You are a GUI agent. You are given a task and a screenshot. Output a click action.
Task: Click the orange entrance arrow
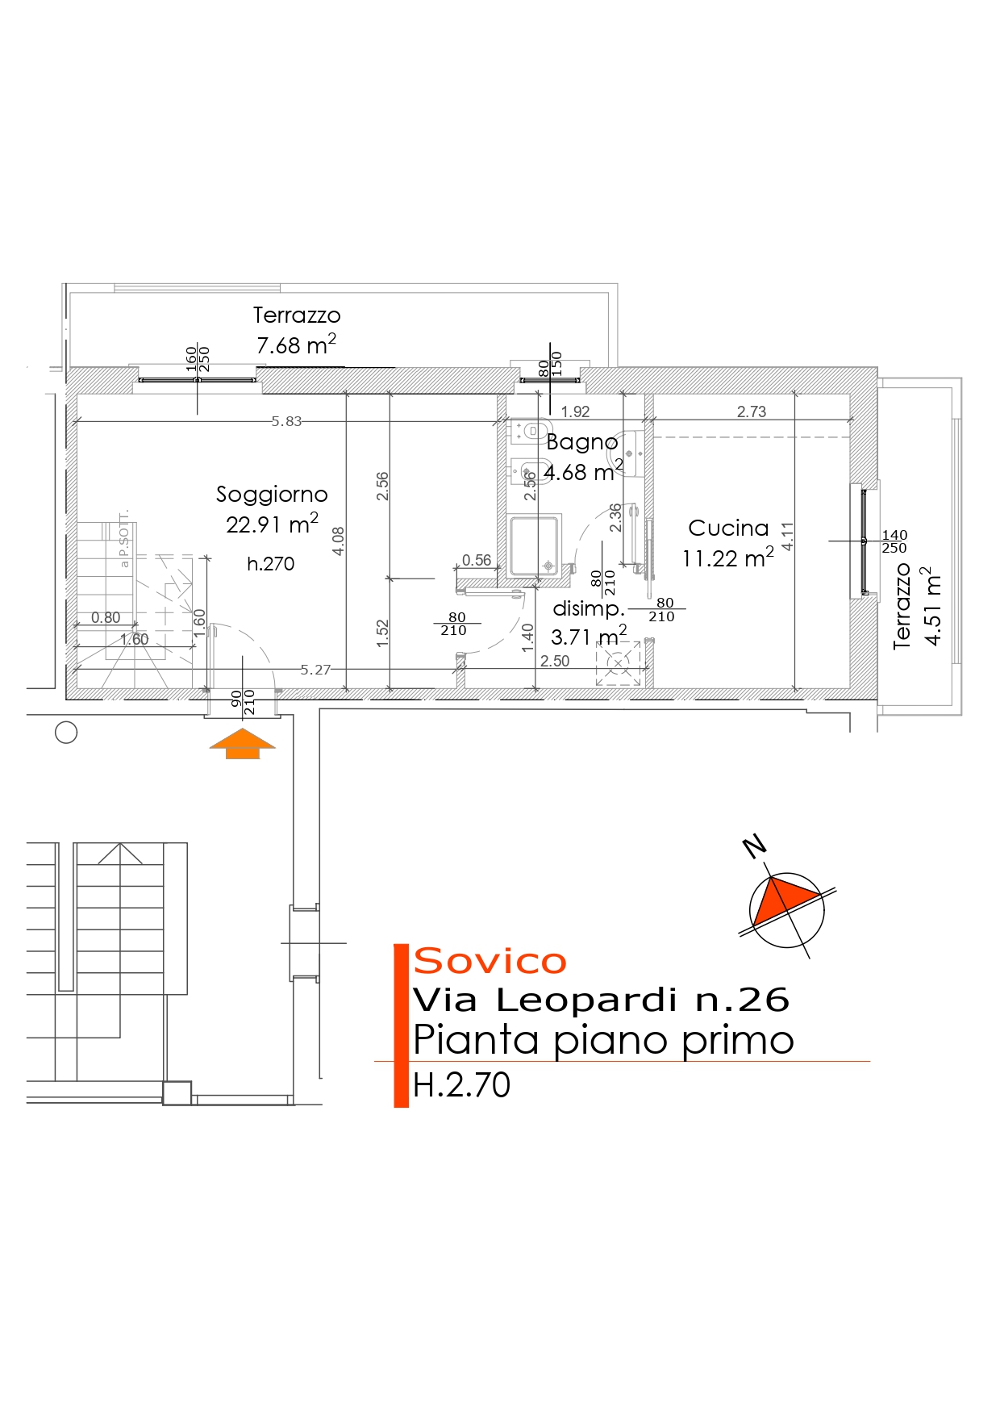point(242,743)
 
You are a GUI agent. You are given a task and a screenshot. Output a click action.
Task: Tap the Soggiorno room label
point(272,494)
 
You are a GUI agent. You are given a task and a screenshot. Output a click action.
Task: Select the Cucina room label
point(728,528)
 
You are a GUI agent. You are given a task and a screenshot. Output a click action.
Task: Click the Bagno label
point(582,442)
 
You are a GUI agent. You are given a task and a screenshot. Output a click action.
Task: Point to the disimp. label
point(589,608)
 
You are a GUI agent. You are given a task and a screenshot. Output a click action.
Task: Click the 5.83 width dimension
point(286,421)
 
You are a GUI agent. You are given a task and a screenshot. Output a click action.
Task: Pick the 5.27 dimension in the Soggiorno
point(315,670)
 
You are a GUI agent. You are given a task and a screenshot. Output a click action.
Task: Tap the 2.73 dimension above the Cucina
point(752,411)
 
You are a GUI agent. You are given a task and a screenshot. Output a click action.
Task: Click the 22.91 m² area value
point(272,524)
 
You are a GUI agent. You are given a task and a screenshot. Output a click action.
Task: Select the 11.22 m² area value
point(727,558)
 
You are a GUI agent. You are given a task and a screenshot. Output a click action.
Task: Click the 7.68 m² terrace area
point(296,345)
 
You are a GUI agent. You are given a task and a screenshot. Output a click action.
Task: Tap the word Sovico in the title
point(490,962)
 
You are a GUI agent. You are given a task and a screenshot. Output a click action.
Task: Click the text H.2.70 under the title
point(461,1085)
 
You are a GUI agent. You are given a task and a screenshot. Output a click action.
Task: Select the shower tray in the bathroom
point(534,546)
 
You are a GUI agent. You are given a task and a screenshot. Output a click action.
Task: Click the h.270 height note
point(271,563)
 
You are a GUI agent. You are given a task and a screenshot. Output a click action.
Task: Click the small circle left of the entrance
point(66,733)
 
